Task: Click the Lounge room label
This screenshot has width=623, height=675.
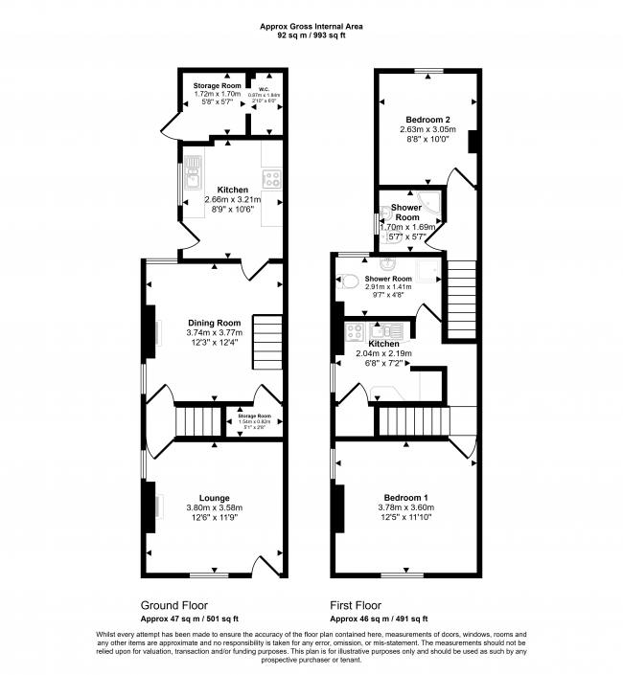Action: [214, 497]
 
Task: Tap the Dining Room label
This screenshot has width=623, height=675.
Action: [214, 323]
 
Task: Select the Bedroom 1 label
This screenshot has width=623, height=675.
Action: [404, 498]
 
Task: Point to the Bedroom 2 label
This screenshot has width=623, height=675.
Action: [426, 118]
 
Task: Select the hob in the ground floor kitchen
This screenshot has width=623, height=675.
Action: [271, 177]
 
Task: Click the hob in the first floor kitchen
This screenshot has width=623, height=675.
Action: [353, 332]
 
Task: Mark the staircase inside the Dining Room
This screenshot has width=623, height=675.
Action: [267, 342]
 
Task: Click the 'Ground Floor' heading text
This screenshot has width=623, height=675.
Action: [173, 605]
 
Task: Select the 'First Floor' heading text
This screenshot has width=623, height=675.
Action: [355, 605]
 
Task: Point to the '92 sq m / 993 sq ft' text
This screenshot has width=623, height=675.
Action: [311, 34]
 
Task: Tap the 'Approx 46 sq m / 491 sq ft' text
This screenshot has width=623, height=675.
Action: [380, 619]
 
